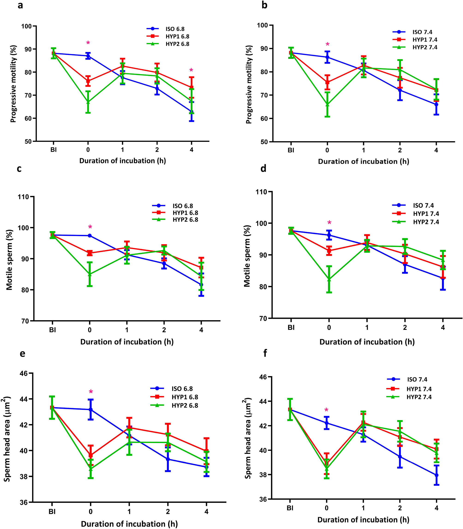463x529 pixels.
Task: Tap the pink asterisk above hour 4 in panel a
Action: coord(191,70)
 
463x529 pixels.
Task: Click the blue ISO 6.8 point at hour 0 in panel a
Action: coord(88,56)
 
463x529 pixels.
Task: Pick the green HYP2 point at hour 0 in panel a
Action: coord(88,102)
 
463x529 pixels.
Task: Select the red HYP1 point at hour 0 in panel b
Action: coord(327,82)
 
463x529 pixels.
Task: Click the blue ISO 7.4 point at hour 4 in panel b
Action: coord(436,104)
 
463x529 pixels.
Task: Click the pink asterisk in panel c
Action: coord(90,227)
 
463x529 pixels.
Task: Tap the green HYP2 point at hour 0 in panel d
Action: coord(329,279)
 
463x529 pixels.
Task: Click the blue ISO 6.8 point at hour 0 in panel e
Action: coord(90,410)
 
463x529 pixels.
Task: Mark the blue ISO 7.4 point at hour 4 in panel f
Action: coord(436,475)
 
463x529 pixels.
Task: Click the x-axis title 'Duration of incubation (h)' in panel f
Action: coord(363,520)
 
